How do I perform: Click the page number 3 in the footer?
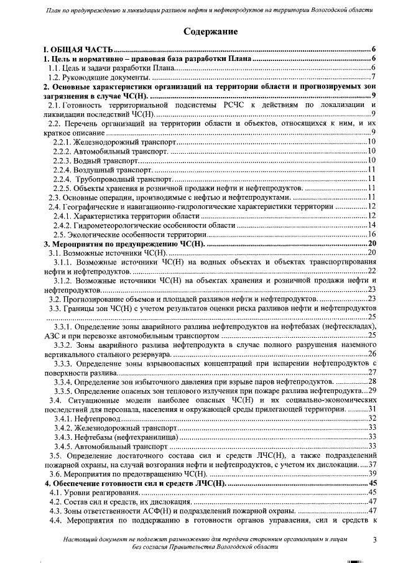(x=374, y=540)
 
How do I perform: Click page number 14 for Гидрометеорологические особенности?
(x=372, y=225)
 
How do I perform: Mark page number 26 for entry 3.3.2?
(x=372, y=353)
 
